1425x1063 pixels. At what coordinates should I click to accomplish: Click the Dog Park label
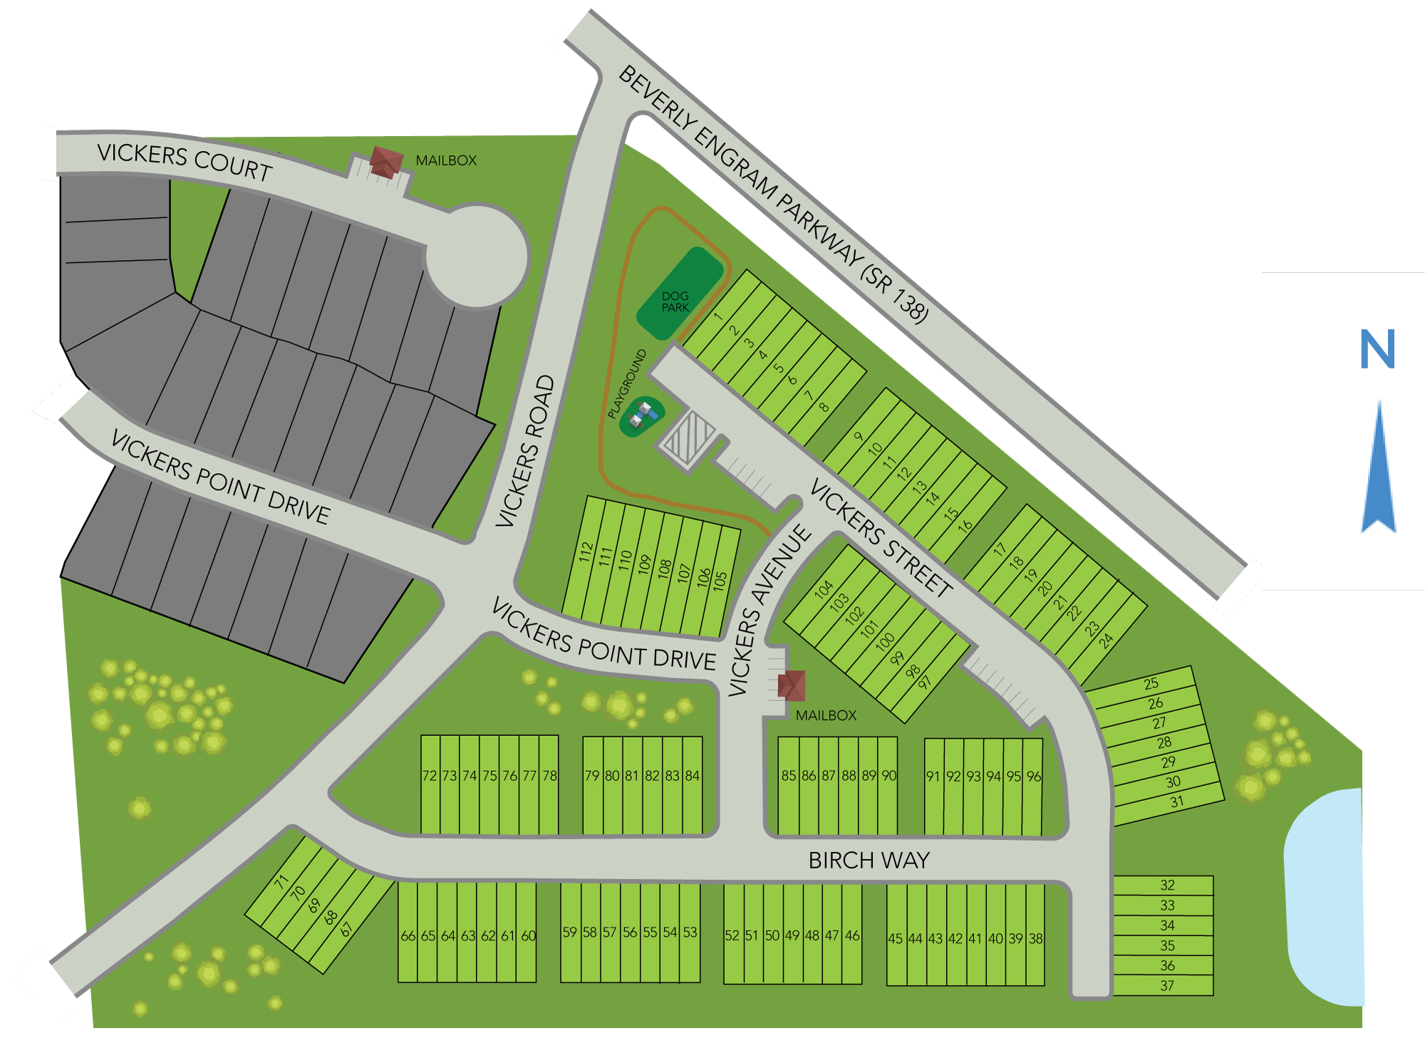click(x=675, y=301)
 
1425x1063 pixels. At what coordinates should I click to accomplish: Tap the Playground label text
click(x=627, y=383)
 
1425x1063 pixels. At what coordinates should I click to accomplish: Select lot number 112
click(x=586, y=552)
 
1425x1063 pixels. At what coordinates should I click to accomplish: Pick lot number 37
click(x=1166, y=986)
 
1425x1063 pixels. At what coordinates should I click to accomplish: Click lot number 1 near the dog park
click(x=718, y=317)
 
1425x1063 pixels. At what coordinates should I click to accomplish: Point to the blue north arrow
click(x=1379, y=470)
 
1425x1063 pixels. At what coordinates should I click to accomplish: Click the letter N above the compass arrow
click(x=1377, y=349)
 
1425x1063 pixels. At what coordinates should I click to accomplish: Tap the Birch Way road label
click(x=869, y=861)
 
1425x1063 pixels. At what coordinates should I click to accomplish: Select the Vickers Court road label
click(x=185, y=161)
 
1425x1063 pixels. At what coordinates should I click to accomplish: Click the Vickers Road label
click(x=525, y=450)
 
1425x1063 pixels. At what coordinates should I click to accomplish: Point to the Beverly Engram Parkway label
click(x=773, y=193)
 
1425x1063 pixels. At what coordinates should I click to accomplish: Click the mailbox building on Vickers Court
click(x=385, y=162)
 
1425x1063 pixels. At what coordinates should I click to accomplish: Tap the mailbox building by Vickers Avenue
click(x=792, y=685)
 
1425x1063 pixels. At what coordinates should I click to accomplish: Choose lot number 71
click(x=281, y=881)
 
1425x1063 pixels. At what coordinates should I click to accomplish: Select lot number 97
click(x=925, y=683)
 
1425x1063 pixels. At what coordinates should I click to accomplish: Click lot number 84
click(x=693, y=776)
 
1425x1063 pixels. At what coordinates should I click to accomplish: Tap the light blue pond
click(x=1325, y=898)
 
